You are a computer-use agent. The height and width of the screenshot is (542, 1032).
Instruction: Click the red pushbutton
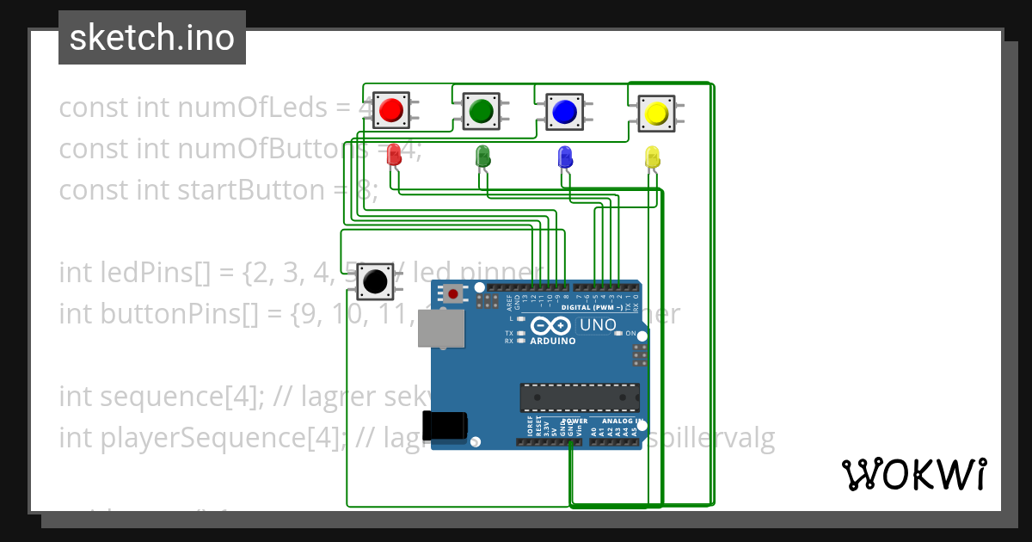tap(390, 110)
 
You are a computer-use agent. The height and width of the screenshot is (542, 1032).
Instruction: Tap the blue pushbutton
tap(563, 112)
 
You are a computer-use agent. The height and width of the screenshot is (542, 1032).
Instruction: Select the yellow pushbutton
tap(655, 114)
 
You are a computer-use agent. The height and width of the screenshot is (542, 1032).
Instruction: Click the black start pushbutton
tap(374, 281)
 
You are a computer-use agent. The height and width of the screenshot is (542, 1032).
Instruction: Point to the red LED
tap(394, 156)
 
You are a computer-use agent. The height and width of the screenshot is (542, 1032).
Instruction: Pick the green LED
tap(482, 157)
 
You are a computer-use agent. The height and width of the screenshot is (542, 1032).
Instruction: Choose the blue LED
tap(564, 157)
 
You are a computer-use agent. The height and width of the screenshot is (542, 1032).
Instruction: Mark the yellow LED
tap(652, 157)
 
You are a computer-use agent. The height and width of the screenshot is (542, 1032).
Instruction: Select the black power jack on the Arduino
tap(445, 427)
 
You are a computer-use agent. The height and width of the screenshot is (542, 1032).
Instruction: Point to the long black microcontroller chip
tap(580, 397)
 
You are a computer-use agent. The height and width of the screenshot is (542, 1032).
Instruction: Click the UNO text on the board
tap(599, 325)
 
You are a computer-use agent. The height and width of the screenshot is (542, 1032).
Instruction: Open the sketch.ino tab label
tap(152, 38)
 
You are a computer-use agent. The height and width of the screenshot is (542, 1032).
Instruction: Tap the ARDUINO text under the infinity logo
tap(552, 341)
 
